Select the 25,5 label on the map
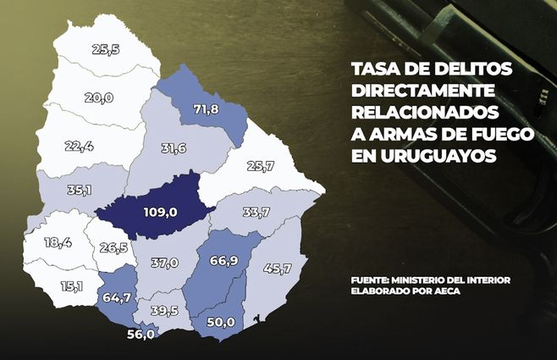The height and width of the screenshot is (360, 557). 105,50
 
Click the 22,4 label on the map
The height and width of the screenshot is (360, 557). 79,147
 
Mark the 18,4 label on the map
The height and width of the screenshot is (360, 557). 58,242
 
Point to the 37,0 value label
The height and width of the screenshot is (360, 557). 163,263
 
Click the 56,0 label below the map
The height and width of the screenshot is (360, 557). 140,335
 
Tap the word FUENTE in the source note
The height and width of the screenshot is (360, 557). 376,280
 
